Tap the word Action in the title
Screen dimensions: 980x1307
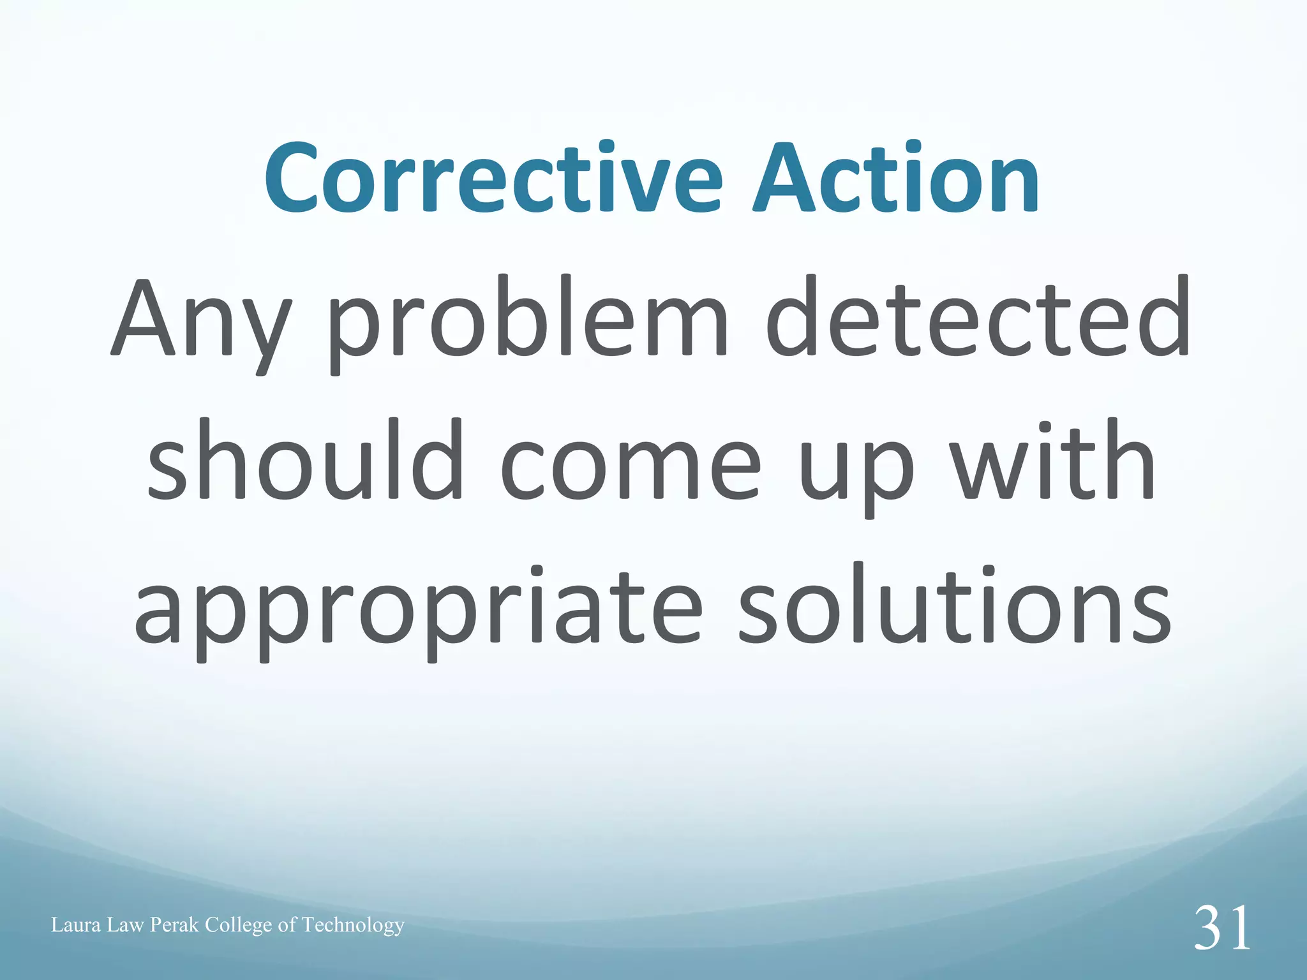[896, 179]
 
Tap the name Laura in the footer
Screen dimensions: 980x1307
[76, 925]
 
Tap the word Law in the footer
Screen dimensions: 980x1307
[126, 925]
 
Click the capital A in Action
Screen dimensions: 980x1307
[787, 179]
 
